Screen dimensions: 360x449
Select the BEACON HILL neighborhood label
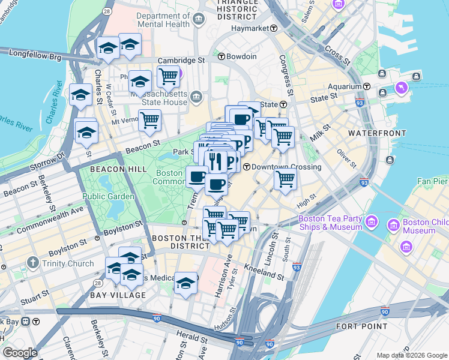tap(118, 170)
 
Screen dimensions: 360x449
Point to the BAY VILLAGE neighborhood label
tap(118, 295)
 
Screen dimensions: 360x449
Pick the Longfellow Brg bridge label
tap(34, 53)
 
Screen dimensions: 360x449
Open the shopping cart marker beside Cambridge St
tap(168, 76)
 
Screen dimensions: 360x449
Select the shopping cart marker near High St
tap(285, 179)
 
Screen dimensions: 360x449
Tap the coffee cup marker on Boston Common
tap(197, 176)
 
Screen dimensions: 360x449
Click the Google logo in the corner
tap(20, 353)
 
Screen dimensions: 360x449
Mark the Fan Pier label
tap(433, 181)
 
